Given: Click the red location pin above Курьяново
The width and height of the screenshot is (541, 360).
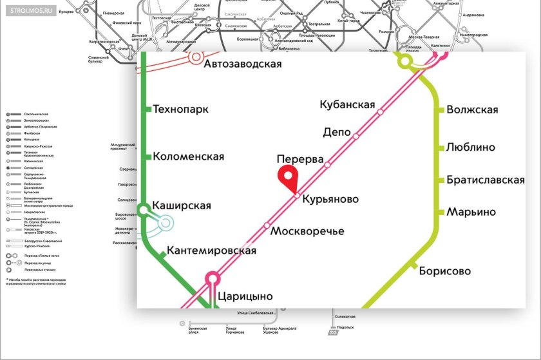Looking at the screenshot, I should tap(286, 175).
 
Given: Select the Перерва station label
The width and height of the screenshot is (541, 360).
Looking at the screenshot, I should tap(299, 158).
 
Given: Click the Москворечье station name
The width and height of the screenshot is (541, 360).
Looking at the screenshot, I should tap(307, 231).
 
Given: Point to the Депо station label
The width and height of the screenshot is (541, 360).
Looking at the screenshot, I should tap(336, 133).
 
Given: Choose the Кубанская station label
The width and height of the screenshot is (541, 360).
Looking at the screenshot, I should tap(348, 104).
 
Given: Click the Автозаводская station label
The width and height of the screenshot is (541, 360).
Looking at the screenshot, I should tap(243, 64).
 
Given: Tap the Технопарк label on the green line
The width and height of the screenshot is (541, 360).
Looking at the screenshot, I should tap(181, 109).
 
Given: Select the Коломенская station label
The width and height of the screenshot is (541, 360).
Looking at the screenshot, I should tap(189, 156).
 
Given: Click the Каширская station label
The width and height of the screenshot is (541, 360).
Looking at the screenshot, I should tap(182, 206).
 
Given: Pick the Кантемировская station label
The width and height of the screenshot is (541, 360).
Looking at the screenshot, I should tap(211, 251).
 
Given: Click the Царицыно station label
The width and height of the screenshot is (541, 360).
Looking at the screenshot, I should tap(245, 296).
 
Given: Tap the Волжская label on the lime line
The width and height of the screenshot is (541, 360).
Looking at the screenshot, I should tap(472, 109).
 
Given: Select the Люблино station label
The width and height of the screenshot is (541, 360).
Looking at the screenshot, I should tap(471, 147).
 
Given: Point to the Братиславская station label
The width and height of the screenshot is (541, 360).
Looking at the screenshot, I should tap(486, 180).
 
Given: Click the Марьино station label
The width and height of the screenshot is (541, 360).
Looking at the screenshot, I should tap(471, 212).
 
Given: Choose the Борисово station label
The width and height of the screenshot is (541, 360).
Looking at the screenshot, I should tap(445, 271).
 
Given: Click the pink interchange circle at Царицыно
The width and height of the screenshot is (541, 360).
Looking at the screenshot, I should tap(212, 279).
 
